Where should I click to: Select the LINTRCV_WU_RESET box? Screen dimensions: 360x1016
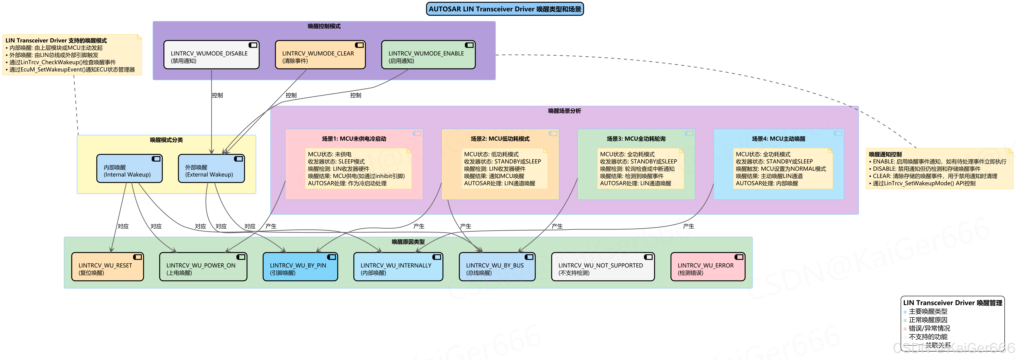[x=107, y=267]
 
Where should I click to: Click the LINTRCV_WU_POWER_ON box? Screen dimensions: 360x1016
[x=203, y=267]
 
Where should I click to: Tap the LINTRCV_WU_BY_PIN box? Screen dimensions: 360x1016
[x=300, y=267]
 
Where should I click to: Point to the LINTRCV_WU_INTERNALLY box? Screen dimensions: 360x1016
[x=398, y=267]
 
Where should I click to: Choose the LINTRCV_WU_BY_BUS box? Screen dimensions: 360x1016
[x=497, y=267]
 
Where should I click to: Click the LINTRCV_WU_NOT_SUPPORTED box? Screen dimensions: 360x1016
[x=603, y=267]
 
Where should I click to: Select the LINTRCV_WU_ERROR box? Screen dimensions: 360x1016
[x=708, y=267]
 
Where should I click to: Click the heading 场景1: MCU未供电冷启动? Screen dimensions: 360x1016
[x=354, y=139]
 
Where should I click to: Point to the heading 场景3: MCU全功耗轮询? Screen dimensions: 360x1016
[x=636, y=139]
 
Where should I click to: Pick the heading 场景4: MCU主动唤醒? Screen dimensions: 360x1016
[x=778, y=139]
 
